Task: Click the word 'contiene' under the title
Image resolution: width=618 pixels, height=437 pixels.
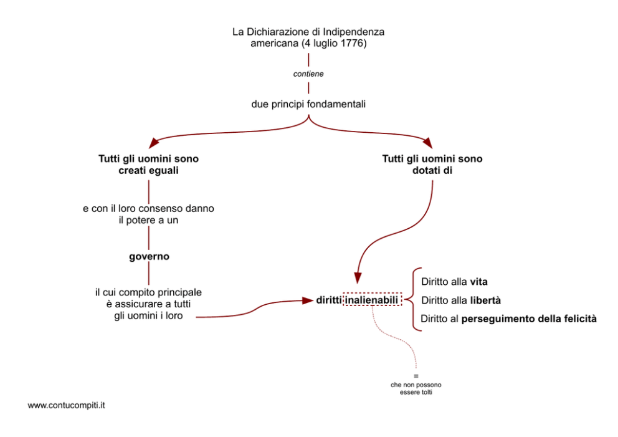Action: [308, 74]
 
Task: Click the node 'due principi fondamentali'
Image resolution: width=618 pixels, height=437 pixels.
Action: [308, 104]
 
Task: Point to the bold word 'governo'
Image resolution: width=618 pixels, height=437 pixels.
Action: [149, 256]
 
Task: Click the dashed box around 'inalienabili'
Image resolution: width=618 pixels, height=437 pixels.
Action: [372, 300]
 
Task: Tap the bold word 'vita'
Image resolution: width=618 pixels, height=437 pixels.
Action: [478, 282]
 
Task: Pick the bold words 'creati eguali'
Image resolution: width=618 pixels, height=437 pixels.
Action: [148, 170]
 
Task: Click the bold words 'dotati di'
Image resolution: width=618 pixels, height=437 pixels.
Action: [432, 170]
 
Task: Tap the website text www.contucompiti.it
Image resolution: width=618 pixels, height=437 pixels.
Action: [66, 405]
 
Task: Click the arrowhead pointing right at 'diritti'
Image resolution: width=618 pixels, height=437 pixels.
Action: [307, 300]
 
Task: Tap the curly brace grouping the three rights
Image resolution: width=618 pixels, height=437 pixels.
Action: [411, 300]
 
